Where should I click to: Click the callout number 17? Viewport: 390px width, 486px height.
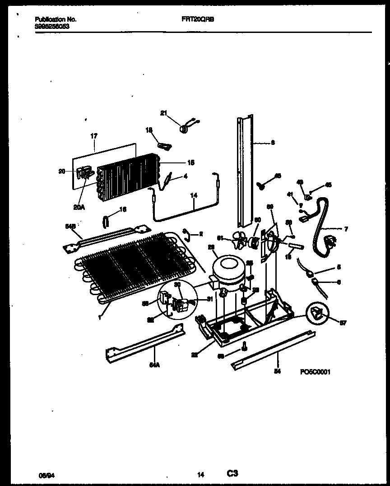coord(94,135)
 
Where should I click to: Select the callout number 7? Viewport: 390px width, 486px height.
coord(345,229)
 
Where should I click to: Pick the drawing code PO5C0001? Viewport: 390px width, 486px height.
coord(315,372)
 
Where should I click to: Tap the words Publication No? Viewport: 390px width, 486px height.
coord(56,20)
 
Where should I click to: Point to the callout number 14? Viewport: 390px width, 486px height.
coord(194,196)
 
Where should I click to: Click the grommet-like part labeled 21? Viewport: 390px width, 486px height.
coord(185,129)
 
